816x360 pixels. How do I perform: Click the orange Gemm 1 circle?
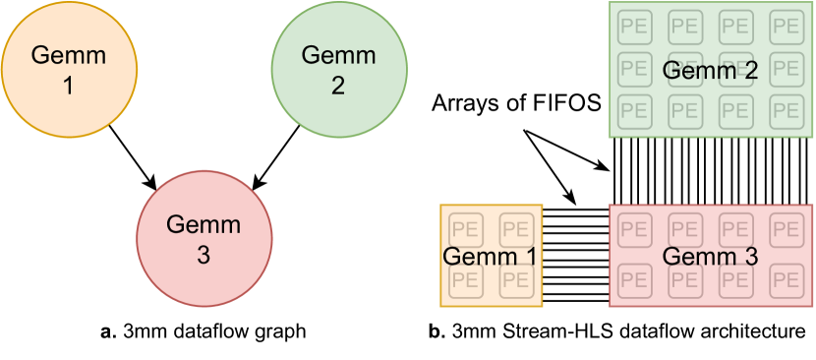(69, 70)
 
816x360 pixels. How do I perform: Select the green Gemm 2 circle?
(338, 70)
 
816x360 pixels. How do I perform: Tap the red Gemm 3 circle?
(204, 239)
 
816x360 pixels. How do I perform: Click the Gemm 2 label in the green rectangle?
(710, 71)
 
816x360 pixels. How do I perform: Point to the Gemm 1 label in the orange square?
(490, 257)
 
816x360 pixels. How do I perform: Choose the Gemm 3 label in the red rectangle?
(710, 257)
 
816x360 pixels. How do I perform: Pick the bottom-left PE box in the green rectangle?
(634, 109)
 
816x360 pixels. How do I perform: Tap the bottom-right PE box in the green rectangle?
(786, 109)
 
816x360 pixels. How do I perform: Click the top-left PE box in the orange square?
(466, 230)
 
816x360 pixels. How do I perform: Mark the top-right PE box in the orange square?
(516, 230)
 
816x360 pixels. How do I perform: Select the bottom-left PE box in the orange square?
(466, 280)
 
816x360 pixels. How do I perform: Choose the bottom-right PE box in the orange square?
(516, 280)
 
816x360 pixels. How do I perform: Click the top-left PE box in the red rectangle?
(634, 230)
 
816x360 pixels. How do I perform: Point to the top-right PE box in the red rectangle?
(786, 230)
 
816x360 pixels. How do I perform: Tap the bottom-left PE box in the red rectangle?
(634, 280)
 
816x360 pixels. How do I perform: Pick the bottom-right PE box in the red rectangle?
(786, 280)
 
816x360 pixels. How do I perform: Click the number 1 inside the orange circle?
(68, 86)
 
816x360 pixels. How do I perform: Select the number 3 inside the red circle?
(204, 255)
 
